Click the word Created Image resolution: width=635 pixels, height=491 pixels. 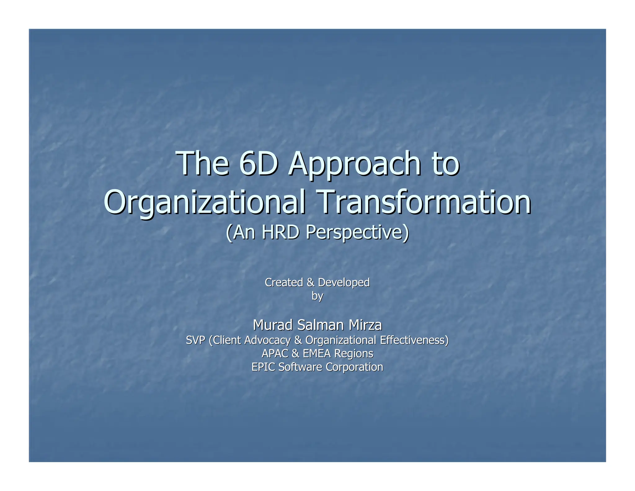(284, 282)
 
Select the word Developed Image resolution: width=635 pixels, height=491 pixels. (344, 283)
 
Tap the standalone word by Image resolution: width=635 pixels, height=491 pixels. (317, 296)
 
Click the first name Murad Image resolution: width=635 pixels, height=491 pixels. (273, 325)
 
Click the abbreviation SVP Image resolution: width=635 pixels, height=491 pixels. (195, 340)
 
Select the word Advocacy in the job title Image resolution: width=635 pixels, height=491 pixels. (267, 340)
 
